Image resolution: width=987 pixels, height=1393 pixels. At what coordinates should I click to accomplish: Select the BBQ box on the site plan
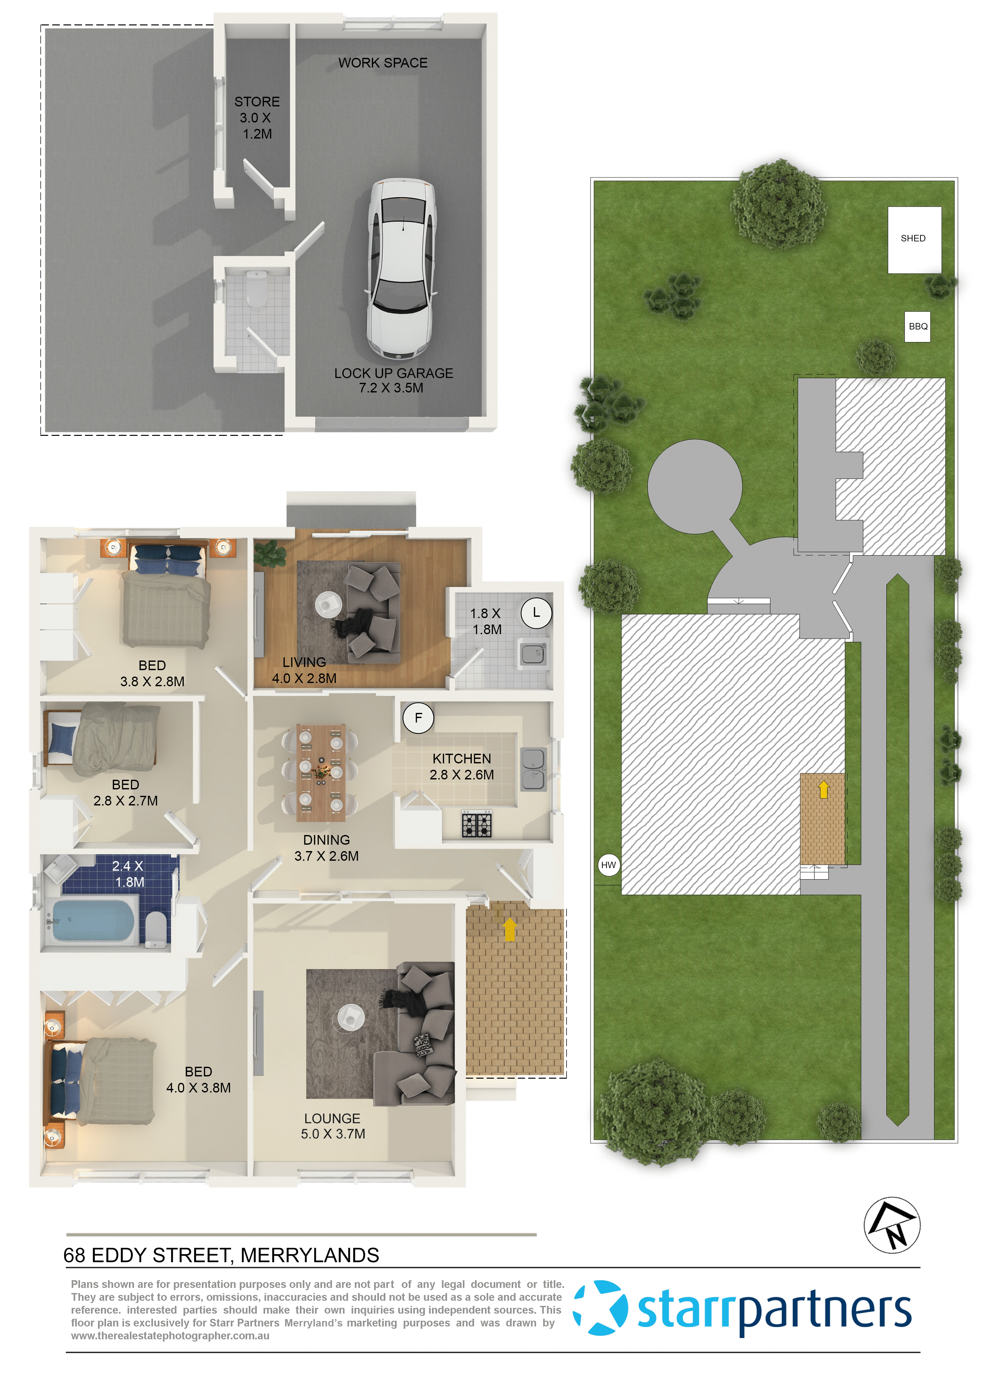tap(918, 326)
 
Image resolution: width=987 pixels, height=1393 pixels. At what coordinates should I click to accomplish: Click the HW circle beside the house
tap(608, 865)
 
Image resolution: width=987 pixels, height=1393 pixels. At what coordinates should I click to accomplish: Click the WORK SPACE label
tap(383, 63)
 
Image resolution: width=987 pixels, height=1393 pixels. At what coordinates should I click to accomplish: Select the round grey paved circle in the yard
tap(695, 486)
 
